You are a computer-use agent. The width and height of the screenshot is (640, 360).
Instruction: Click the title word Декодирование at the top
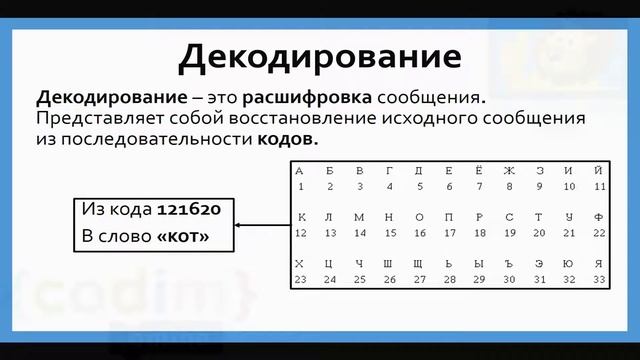pyautogui.click(x=320, y=57)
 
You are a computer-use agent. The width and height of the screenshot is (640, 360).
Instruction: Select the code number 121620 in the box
pyautogui.click(x=189, y=211)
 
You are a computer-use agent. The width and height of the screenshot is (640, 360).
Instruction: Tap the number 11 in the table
pyautogui.click(x=599, y=186)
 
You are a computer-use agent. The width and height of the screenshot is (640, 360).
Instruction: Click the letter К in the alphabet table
pyautogui.click(x=300, y=216)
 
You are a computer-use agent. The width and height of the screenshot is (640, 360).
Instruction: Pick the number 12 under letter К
pyautogui.click(x=300, y=232)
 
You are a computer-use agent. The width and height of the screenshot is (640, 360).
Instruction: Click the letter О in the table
pyautogui.click(x=419, y=216)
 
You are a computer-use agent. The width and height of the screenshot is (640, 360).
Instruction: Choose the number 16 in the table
pyautogui.click(x=419, y=232)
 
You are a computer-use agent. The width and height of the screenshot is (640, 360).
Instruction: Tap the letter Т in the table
pyautogui.click(x=539, y=216)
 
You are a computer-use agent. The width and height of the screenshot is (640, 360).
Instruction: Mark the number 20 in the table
pyautogui.click(x=539, y=232)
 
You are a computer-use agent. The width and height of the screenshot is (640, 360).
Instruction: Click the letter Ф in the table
pyautogui.click(x=599, y=216)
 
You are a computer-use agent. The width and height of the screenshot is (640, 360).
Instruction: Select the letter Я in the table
pyautogui.click(x=599, y=263)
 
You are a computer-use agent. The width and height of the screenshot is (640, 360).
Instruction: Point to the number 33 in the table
pyautogui.click(x=599, y=279)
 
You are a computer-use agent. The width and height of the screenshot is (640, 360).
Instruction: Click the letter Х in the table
pyautogui.click(x=300, y=263)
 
